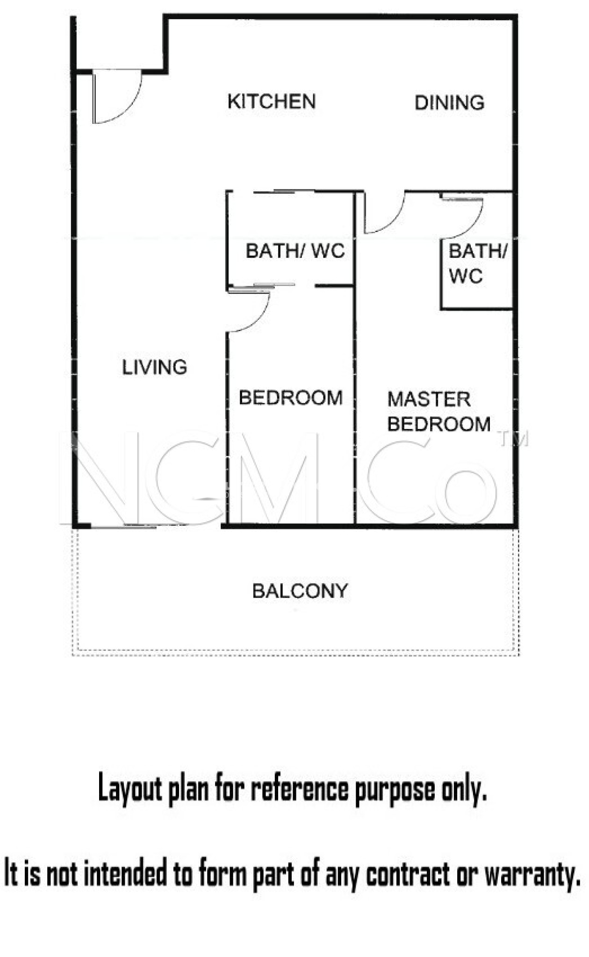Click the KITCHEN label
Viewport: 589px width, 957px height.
tap(272, 101)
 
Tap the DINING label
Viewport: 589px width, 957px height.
tap(449, 103)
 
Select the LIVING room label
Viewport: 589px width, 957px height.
tap(155, 367)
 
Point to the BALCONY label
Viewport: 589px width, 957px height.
tap(300, 591)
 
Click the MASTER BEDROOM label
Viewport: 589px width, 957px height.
tap(439, 412)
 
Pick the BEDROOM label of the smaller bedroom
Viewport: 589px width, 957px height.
tap(291, 398)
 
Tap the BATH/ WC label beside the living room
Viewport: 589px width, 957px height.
tap(295, 251)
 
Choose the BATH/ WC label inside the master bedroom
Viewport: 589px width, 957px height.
tap(477, 264)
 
